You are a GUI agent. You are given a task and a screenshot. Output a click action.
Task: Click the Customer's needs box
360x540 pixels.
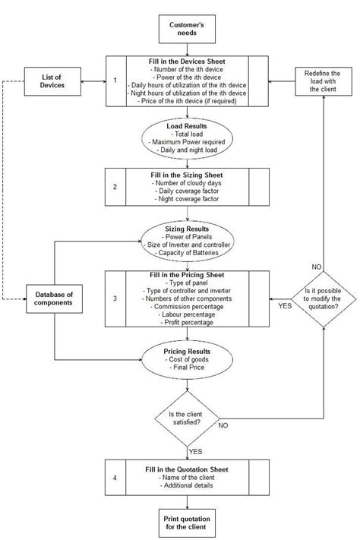click(187, 30)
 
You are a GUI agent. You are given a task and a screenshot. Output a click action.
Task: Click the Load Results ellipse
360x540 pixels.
click(187, 137)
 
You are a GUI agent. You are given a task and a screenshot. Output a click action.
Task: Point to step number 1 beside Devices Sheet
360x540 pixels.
click(115, 80)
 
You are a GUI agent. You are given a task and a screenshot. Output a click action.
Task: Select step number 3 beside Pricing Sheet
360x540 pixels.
click(115, 298)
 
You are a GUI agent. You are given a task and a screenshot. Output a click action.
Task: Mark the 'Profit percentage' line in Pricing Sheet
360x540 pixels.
click(187, 322)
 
